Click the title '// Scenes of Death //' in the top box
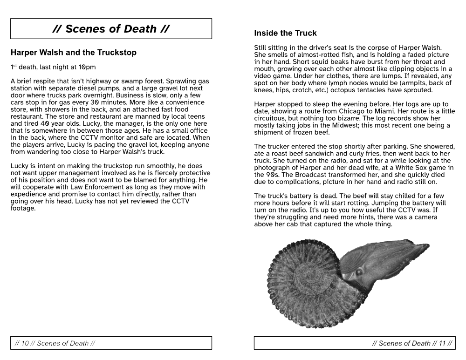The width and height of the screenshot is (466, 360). point(111,29)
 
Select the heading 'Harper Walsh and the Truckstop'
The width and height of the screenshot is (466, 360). point(74,53)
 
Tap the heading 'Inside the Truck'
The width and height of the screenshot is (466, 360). point(285,33)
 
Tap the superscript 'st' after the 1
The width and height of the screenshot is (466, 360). point(15,66)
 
